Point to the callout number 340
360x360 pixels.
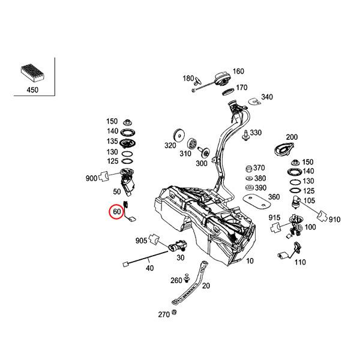(266, 97)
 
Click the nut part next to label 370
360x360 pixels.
(248, 168)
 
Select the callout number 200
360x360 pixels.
(292, 137)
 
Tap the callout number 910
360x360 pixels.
(334, 220)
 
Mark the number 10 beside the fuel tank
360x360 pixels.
(250, 261)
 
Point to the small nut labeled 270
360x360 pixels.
(173, 313)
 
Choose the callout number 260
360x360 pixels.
(176, 280)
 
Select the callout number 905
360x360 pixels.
(141, 241)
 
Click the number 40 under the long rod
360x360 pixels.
(149, 268)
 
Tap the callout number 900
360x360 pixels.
(91, 178)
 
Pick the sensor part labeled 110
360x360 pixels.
(282, 258)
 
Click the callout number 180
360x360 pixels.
(188, 79)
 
